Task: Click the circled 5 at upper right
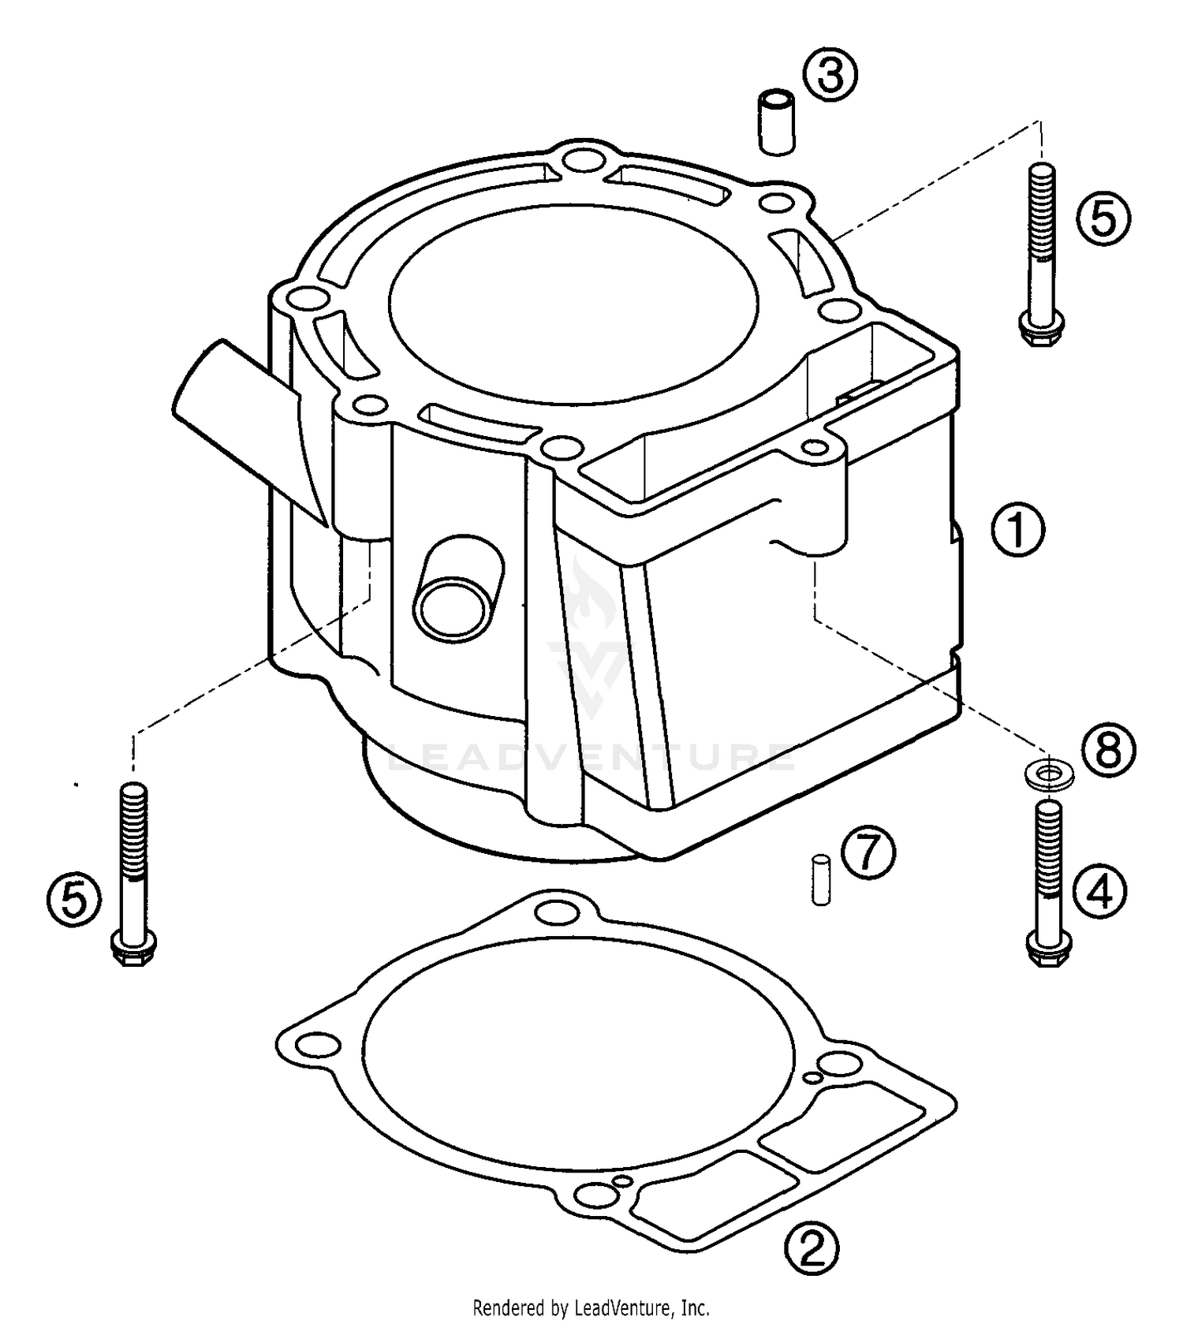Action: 1103,218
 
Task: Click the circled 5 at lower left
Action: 73,900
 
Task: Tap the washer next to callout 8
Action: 1046,773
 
